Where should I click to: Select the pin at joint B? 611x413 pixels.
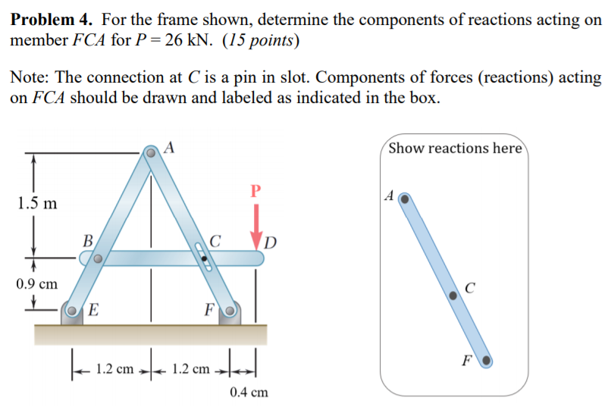click(x=98, y=258)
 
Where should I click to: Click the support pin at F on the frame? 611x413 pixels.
click(x=229, y=310)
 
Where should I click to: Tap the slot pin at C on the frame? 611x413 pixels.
click(x=204, y=258)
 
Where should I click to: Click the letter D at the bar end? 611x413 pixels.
click(x=272, y=243)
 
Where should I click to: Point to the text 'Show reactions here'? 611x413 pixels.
click(x=455, y=148)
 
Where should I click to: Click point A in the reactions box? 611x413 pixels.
click(x=405, y=199)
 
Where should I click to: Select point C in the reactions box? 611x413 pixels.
click(x=454, y=296)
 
